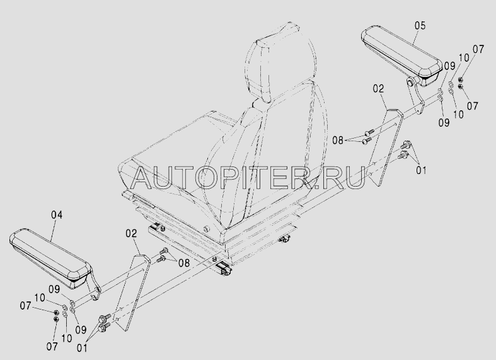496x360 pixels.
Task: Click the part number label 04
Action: click(x=57, y=215)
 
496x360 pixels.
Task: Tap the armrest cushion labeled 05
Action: click(x=402, y=55)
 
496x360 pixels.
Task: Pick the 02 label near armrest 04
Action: click(x=131, y=233)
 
